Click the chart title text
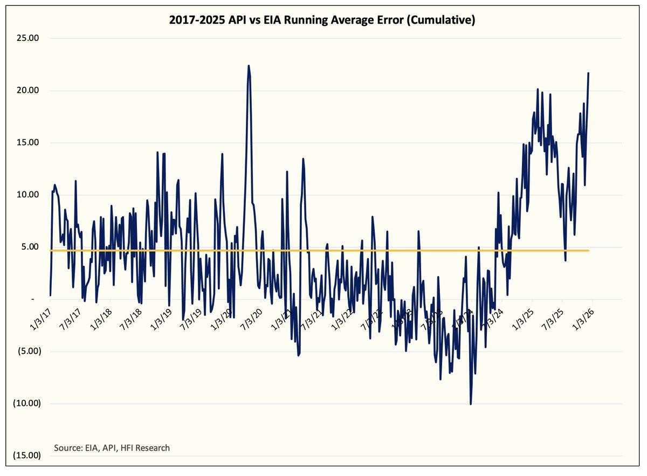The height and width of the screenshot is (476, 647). point(323,21)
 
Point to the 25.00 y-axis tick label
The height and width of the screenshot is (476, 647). point(31,39)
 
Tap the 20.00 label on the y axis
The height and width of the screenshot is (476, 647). point(31,91)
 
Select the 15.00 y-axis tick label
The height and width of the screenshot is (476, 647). point(31,143)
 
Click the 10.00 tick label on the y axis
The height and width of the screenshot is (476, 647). point(31,195)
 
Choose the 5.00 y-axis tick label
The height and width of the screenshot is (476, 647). point(33,247)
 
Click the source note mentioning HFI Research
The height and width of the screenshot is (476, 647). point(112,447)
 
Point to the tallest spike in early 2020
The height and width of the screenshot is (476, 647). point(249,66)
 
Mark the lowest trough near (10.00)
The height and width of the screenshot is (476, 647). point(471,404)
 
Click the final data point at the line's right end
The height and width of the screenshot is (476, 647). point(588,73)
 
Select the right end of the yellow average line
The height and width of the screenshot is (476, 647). point(588,251)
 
